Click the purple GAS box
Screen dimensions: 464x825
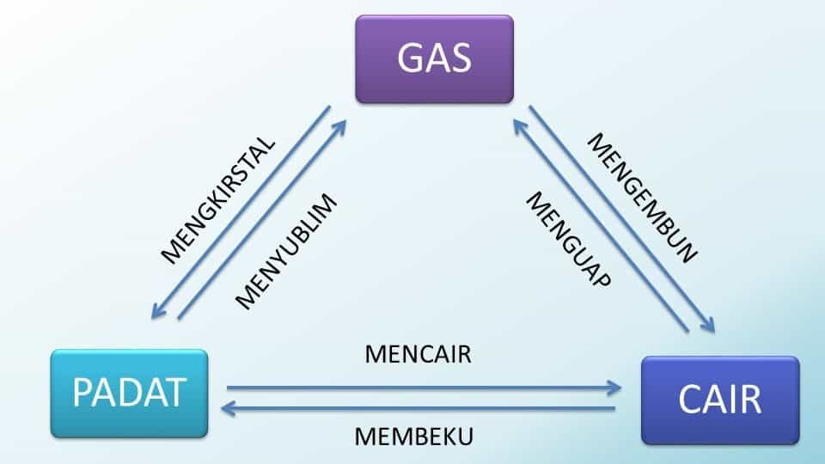click(x=434, y=58)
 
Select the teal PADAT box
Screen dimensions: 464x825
click(x=129, y=392)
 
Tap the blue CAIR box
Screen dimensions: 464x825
click(x=720, y=400)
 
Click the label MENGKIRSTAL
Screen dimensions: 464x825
click(x=218, y=198)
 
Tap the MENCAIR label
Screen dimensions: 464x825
click(x=418, y=354)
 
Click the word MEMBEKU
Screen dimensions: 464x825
click(x=414, y=436)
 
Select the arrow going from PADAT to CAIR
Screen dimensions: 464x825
click(x=421, y=388)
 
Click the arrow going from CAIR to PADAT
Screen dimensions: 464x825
click(x=421, y=409)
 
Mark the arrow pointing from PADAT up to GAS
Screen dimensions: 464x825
click(x=262, y=219)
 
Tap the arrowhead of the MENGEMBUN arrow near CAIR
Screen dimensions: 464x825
click(x=709, y=327)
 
